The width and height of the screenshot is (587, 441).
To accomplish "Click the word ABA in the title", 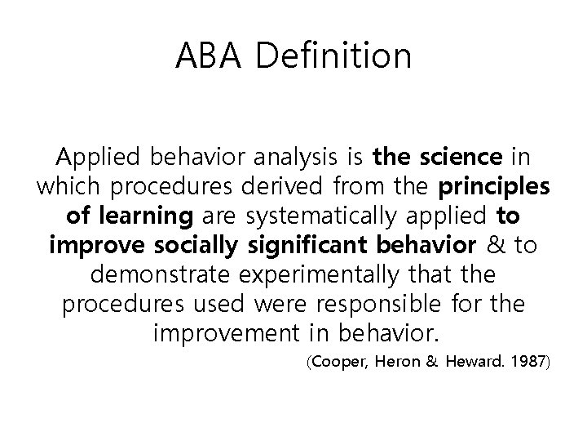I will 211,56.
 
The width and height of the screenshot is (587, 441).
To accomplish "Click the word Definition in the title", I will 334,56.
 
